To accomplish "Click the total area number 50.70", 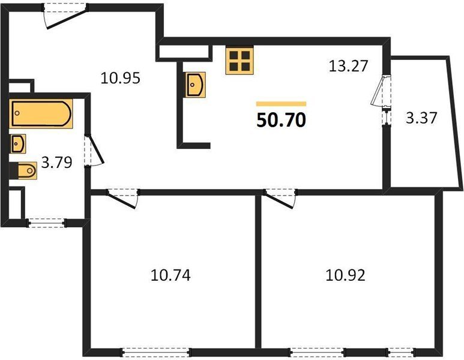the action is tap(281, 120).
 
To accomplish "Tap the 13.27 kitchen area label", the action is tap(349, 65).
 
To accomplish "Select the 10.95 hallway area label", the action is tap(120, 79).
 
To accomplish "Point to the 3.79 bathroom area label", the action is tap(56, 162).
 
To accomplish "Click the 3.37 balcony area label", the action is tap(421, 118).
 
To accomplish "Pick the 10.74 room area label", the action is tap(170, 275).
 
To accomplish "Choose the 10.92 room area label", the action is tap(345, 275).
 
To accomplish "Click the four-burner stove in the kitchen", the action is tap(240, 61).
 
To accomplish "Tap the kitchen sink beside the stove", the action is tap(196, 85).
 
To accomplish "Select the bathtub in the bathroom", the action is tap(41, 113).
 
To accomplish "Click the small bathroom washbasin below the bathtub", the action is tap(19, 144).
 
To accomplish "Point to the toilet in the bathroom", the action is tap(23, 170).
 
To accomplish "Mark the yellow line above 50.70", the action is tap(281, 104).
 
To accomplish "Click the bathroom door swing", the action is tap(94, 150).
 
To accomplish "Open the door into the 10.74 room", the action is tap(122, 198).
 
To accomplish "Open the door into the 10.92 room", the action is tap(280, 198).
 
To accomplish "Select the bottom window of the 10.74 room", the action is tap(156, 352).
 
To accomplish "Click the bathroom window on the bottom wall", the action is tap(47, 223).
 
